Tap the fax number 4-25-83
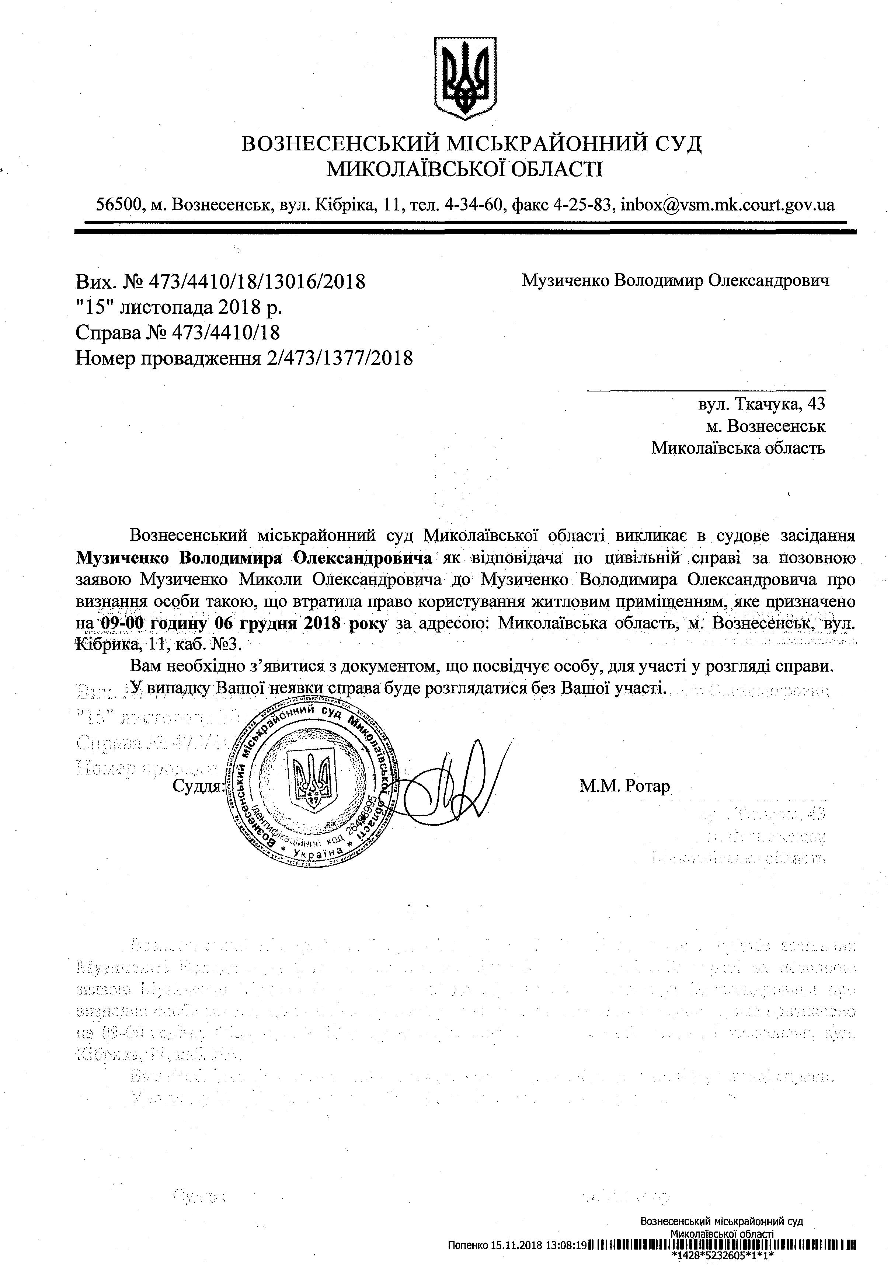pyautogui.click(x=587, y=205)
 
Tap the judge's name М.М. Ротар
pyautogui.click(x=624, y=785)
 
